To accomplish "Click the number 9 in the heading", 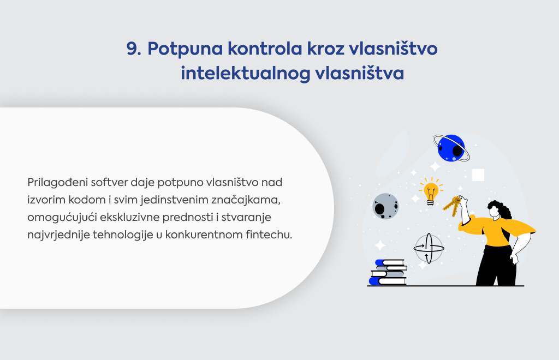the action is [x=134, y=49].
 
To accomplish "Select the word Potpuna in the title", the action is [x=185, y=49].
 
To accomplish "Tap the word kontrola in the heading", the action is [x=265, y=49].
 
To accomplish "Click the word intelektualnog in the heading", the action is [x=245, y=74].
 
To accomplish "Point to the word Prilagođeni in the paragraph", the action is [x=57, y=183].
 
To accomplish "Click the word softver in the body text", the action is [x=109, y=182].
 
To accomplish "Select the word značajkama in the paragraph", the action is [x=246, y=200].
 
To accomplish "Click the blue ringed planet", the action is [x=451, y=148].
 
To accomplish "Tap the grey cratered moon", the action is [x=385, y=206].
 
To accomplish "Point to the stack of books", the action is [x=388, y=272].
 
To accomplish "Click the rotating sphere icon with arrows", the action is [x=429, y=248].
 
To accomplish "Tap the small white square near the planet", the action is [x=478, y=175].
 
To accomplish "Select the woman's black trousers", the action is [x=497, y=265].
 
